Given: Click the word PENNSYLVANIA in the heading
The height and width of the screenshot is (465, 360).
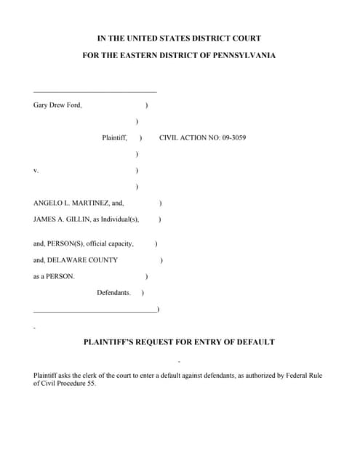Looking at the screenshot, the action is (x=242, y=56).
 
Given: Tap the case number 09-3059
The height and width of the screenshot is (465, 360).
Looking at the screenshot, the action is (x=232, y=137).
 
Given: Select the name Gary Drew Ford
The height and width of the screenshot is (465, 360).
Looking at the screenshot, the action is (x=57, y=105).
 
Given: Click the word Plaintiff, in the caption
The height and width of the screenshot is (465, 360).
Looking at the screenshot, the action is (x=115, y=137).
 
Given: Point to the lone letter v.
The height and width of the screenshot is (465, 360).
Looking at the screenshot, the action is (x=36, y=171).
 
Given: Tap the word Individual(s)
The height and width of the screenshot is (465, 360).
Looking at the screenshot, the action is (x=121, y=219).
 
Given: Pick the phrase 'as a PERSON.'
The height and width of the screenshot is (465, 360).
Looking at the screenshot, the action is (x=54, y=276).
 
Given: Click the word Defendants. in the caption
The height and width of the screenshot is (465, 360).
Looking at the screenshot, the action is (x=113, y=293).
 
